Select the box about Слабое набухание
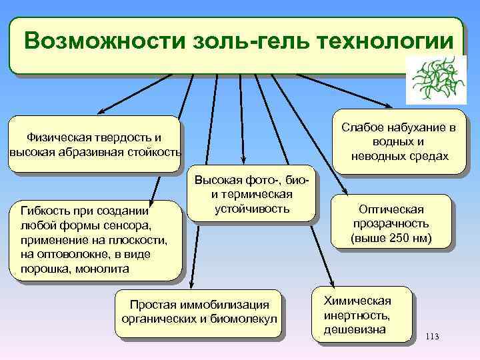coord(399,142)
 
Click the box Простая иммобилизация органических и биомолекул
coord(199,311)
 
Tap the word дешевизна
coord(355,329)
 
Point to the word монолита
coord(107,269)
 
